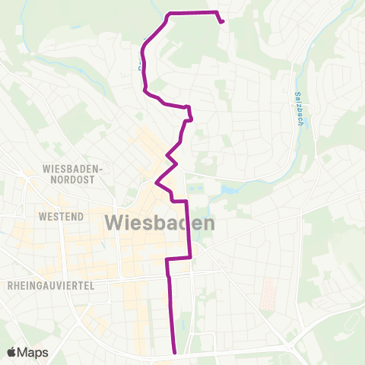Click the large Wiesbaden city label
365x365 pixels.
tap(157, 224)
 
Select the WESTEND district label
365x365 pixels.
tap(59, 217)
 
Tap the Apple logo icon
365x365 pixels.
tap(12, 352)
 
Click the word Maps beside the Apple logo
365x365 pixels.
tap(33, 352)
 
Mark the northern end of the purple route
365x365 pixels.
tap(222, 21)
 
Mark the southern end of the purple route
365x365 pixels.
tap(176, 352)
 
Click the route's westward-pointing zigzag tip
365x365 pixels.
tap(156, 183)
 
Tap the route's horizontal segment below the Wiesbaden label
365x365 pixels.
tap(178, 259)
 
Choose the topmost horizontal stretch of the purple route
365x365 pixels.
tap(192, 12)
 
